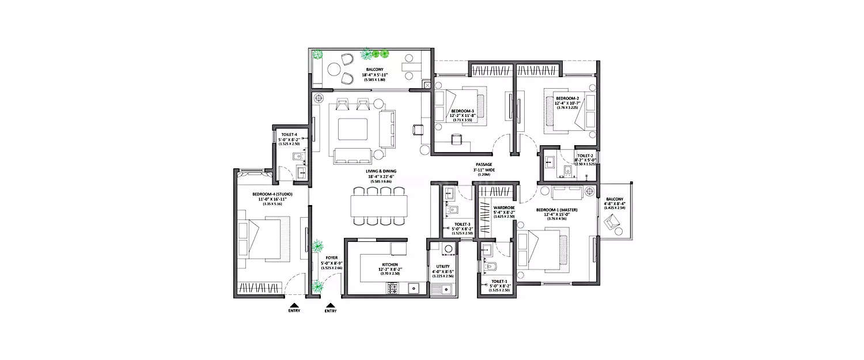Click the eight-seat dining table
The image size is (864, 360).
tap(378, 205)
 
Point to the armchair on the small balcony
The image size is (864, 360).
tap(612, 221)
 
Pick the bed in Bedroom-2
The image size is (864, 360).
tap(571, 111)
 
